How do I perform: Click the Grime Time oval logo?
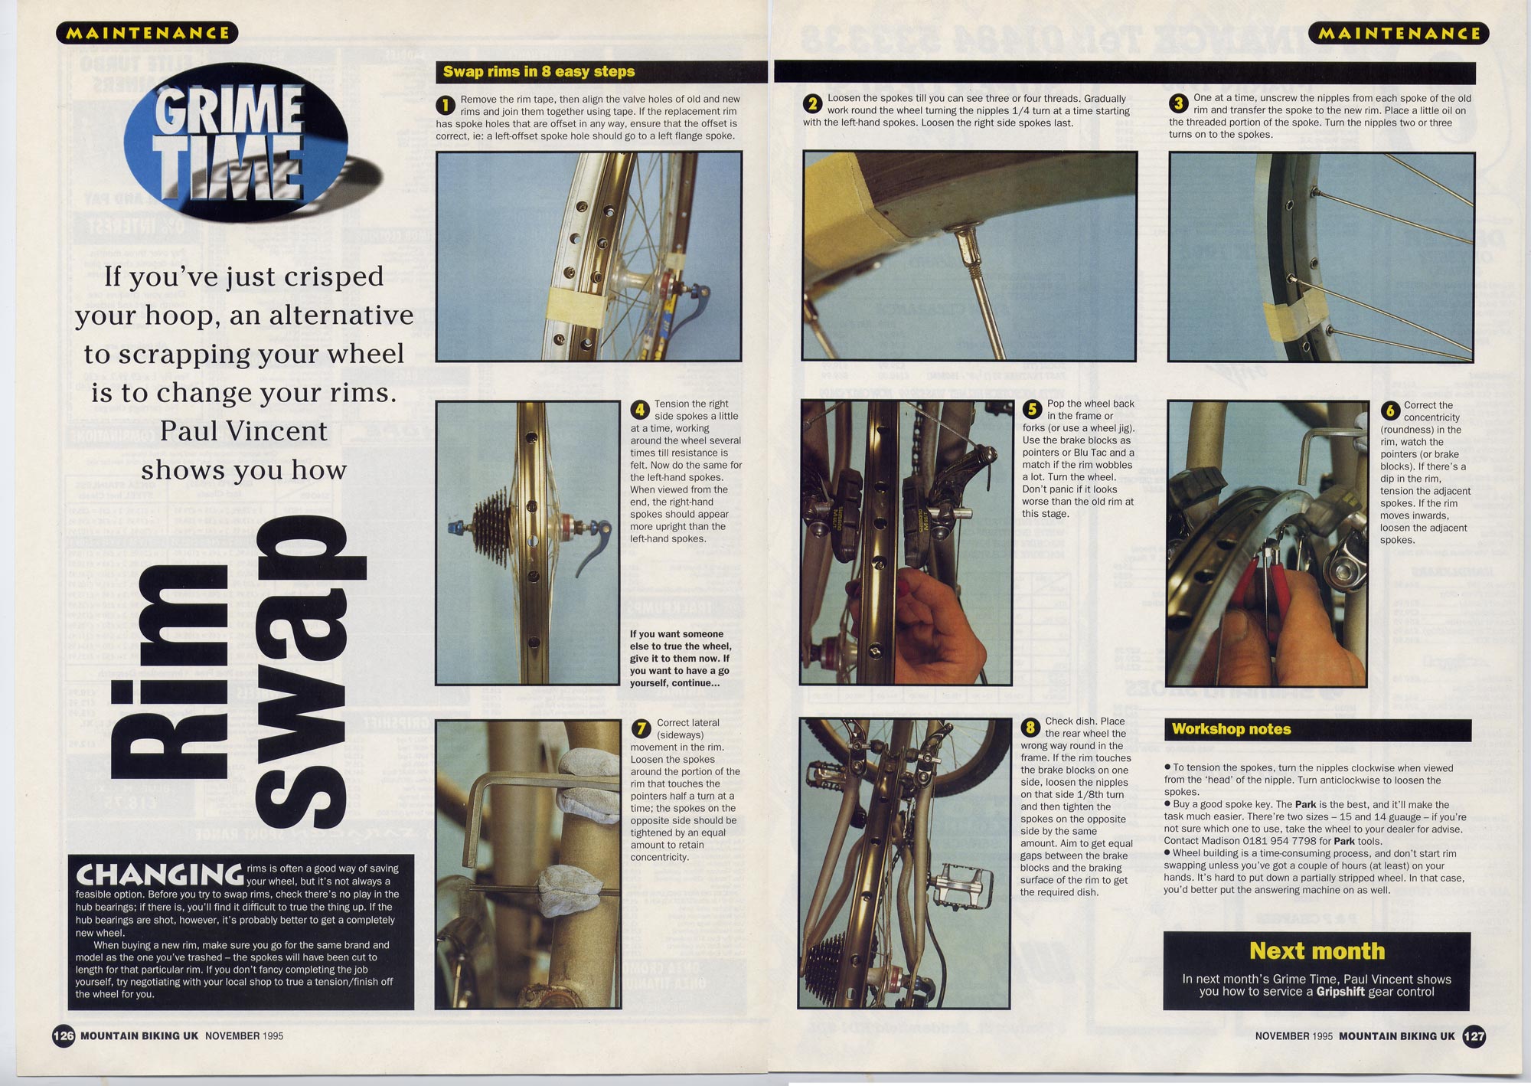(x=235, y=144)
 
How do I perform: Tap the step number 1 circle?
(x=446, y=104)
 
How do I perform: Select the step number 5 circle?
(x=1032, y=409)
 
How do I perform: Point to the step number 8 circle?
(x=1030, y=727)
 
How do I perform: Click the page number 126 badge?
(x=63, y=1036)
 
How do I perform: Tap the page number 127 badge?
(x=1474, y=1036)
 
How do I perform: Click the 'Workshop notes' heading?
(x=1231, y=729)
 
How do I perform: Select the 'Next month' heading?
(x=1317, y=950)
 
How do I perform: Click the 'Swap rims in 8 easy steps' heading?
(x=539, y=71)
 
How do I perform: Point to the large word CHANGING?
(x=159, y=875)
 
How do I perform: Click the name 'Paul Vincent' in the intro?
(x=243, y=430)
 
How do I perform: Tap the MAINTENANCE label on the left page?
(x=147, y=33)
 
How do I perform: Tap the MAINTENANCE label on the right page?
(x=1399, y=33)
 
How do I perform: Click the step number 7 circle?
(x=641, y=728)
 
